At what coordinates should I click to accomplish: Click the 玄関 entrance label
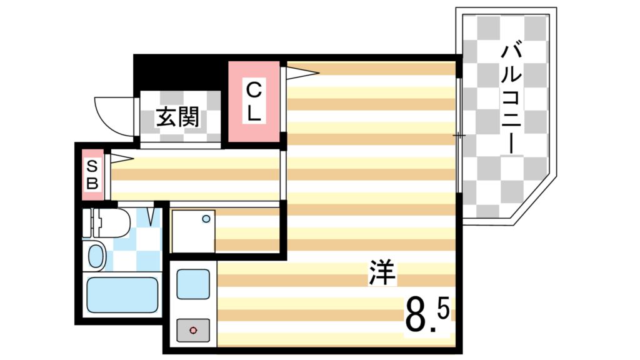click(177, 117)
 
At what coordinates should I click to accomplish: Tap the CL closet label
click(254, 102)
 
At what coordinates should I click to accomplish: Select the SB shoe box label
click(92, 175)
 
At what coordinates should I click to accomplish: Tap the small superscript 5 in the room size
click(443, 309)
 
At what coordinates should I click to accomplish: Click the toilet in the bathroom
click(110, 222)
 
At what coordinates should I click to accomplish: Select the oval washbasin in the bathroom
click(96, 256)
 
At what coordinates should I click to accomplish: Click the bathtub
click(122, 294)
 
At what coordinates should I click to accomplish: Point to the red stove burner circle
click(193, 329)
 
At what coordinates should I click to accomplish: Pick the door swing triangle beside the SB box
click(121, 159)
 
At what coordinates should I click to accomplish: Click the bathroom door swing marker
click(152, 216)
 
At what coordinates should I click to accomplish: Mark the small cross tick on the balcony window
click(459, 135)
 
